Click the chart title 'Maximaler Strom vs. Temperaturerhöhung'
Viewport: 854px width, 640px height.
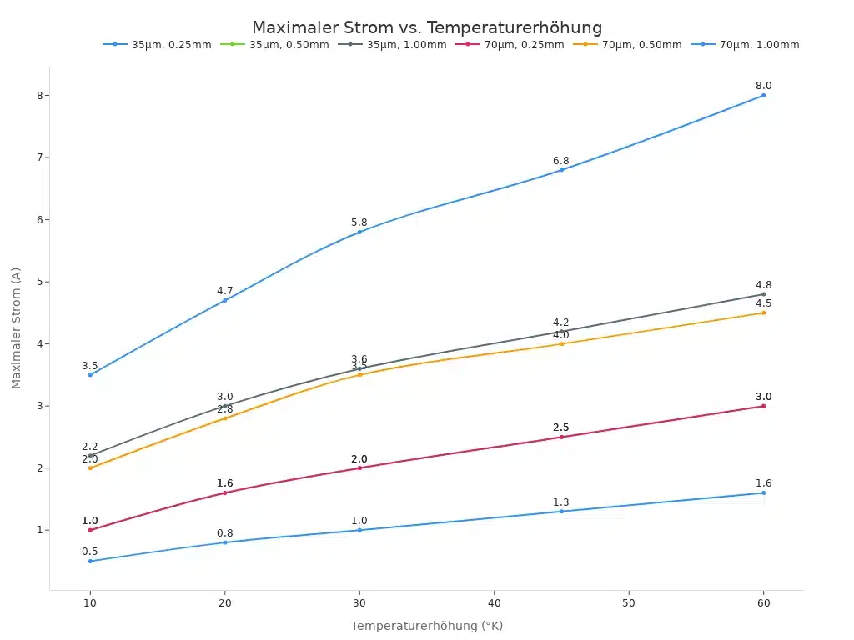coord(427,27)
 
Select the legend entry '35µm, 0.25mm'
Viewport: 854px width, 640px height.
coord(171,45)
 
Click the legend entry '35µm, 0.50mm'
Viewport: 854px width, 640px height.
coord(289,45)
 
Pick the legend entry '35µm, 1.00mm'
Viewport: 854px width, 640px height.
coord(406,45)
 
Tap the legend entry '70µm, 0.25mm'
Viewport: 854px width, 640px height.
coord(524,45)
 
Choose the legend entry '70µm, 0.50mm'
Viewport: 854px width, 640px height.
coord(641,45)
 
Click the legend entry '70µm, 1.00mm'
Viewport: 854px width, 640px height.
coord(759,45)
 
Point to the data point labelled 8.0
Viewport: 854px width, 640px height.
coord(763,95)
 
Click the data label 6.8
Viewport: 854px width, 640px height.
coord(561,161)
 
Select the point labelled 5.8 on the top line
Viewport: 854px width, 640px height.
coord(359,232)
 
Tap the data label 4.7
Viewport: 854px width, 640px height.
coord(225,291)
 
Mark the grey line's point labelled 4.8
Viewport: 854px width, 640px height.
coord(763,294)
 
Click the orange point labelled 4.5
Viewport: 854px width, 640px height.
coord(763,312)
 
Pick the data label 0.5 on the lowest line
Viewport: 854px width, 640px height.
coord(90,552)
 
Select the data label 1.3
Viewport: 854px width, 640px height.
coord(561,502)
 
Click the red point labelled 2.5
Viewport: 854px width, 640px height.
coord(561,437)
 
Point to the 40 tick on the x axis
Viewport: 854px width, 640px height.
coord(494,602)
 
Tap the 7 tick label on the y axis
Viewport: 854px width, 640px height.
coord(38,157)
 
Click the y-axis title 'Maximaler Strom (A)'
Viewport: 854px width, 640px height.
coord(17,327)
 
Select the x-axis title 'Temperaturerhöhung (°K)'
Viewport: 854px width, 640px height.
coord(427,626)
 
